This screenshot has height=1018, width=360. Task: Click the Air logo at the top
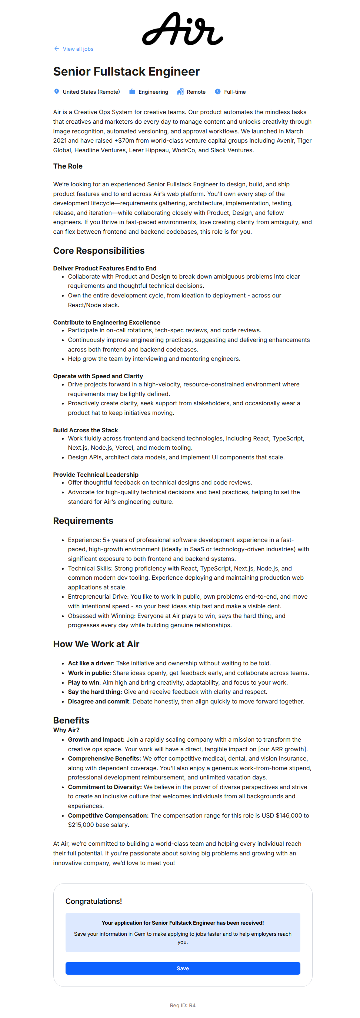point(182,29)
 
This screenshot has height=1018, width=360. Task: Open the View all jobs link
point(78,49)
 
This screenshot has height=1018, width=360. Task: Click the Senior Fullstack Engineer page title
point(126,71)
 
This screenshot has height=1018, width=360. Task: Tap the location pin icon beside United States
point(57,92)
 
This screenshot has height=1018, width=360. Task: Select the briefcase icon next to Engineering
point(132,92)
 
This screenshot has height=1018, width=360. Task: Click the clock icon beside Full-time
point(217,92)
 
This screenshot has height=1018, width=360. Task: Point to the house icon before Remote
point(180,92)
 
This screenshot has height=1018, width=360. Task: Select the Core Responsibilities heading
point(99,250)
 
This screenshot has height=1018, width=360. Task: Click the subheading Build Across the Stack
point(85,430)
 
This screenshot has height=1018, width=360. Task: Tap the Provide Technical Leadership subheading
point(96,474)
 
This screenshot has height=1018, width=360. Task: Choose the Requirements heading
point(83,520)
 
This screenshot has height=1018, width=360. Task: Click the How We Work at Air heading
point(96,644)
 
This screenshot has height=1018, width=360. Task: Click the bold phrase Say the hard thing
point(94,692)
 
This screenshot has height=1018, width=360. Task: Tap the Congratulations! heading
point(94,901)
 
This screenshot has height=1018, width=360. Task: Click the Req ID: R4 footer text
point(183,1005)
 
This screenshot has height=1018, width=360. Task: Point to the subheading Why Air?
point(66,729)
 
